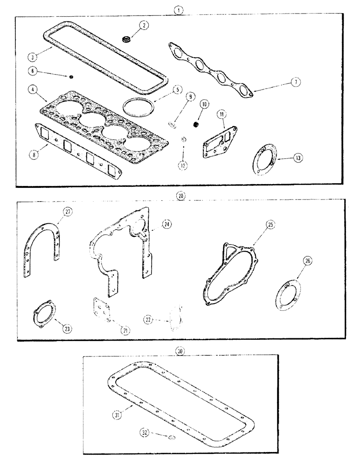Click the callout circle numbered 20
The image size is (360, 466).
[x=181, y=196]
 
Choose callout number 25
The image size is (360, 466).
[x=271, y=225]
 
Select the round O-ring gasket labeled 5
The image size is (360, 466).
[x=138, y=107]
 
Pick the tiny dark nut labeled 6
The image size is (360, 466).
[x=71, y=77]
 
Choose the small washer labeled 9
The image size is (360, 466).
[x=172, y=124]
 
